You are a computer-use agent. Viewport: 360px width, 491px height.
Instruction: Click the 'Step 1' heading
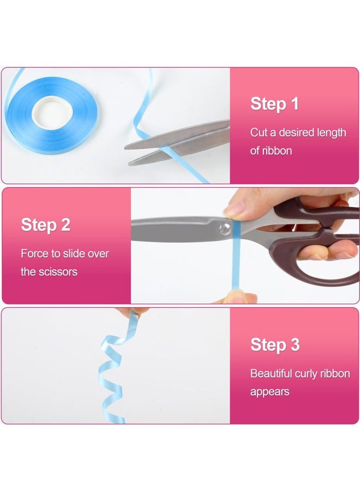(274, 104)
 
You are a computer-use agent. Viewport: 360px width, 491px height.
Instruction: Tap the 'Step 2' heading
(46, 225)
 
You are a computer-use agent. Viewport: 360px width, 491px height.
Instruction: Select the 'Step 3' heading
(275, 345)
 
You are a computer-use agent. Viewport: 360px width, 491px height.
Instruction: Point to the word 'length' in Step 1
(332, 133)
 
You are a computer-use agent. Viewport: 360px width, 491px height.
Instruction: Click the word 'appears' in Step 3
(270, 392)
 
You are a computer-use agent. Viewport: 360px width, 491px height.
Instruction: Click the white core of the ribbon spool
(52, 111)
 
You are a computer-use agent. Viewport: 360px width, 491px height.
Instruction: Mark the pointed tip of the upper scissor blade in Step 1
(125, 147)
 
